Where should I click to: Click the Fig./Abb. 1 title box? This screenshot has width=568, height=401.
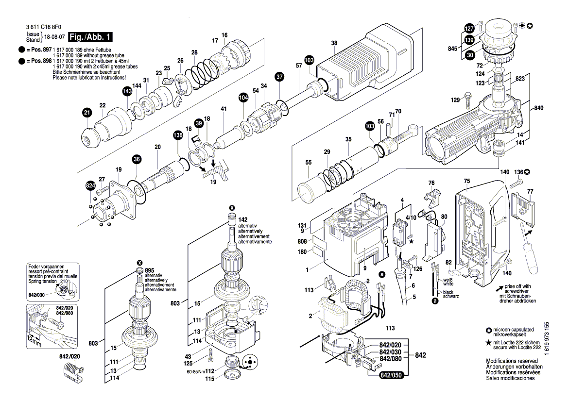(x=90, y=37)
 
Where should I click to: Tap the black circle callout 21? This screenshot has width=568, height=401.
(x=86, y=113)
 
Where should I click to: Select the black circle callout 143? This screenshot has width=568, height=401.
(x=127, y=91)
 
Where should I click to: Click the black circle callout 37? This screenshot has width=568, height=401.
(x=279, y=76)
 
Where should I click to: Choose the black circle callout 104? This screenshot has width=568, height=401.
(x=242, y=98)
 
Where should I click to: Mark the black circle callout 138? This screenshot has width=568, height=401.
(x=177, y=136)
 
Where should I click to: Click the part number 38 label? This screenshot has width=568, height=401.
(x=334, y=43)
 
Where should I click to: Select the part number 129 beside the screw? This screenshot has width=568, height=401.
(x=455, y=100)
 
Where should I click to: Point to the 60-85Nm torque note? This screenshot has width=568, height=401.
(x=195, y=371)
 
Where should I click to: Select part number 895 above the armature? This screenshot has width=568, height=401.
(x=149, y=270)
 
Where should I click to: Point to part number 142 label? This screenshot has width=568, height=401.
(x=242, y=219)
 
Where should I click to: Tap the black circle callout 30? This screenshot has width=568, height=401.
(x=469, y=56)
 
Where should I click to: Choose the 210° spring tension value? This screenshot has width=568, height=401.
(x=65, y=281)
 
